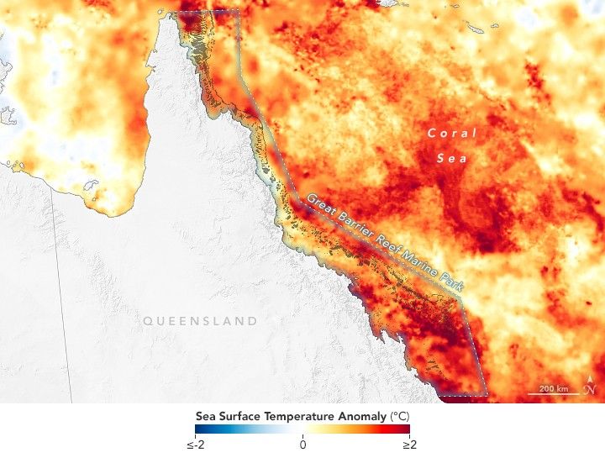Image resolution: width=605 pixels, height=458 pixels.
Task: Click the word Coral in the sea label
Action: [451, 133]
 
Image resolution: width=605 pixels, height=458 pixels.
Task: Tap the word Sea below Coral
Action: [451, 157]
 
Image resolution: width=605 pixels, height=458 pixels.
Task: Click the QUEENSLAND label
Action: [200, 321]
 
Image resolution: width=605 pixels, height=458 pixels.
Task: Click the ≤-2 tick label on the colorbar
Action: [196, 445]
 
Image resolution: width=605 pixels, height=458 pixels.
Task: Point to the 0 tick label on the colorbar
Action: [302, 445]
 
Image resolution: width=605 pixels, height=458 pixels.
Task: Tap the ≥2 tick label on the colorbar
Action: [409, 445]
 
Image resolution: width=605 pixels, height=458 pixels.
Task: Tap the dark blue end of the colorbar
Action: [198, 429]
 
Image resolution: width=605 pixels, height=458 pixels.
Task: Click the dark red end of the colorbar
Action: [407, 429]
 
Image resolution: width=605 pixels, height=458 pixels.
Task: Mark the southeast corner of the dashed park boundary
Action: [487, 394]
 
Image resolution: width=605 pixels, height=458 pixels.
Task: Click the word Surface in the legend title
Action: [239, 415]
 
